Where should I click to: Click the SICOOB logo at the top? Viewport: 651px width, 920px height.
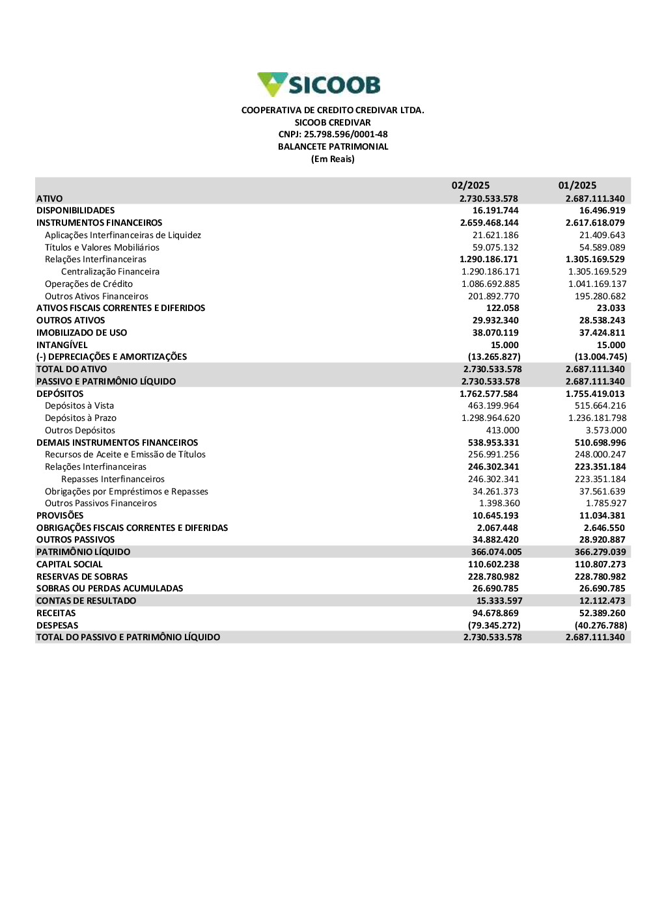click(319, 85)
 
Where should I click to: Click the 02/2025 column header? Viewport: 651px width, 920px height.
click(470, 185)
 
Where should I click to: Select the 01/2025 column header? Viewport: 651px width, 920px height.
click(577, 185)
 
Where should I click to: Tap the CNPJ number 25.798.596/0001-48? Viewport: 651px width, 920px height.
click(333, 135)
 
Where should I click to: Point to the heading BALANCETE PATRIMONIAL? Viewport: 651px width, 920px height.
click(333, 147)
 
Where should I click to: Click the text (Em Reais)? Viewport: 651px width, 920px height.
click(333, 159)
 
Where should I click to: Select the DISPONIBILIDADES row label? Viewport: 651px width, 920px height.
click(76, 211)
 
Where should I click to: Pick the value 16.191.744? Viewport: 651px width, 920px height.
click(495, 211)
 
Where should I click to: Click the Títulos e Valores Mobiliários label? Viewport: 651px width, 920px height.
click(102, 248)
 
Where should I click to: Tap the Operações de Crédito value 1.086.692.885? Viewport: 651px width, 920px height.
click(490, 284)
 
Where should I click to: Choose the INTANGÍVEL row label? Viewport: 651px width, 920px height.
click(62, 345)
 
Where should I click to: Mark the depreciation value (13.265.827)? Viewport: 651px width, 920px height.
click(494, 357)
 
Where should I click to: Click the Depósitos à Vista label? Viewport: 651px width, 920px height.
click(79, 406)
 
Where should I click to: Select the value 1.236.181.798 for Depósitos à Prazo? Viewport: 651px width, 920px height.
click(597, 418)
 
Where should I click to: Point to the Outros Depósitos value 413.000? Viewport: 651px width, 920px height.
click(503, 431)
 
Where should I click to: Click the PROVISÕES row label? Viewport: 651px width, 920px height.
click(60, 516)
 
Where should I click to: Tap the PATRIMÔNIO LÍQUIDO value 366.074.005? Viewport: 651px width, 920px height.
click(496, 552)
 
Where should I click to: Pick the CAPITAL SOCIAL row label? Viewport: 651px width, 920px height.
click(70, 565)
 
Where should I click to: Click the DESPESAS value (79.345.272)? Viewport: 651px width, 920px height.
click(494, 626)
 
